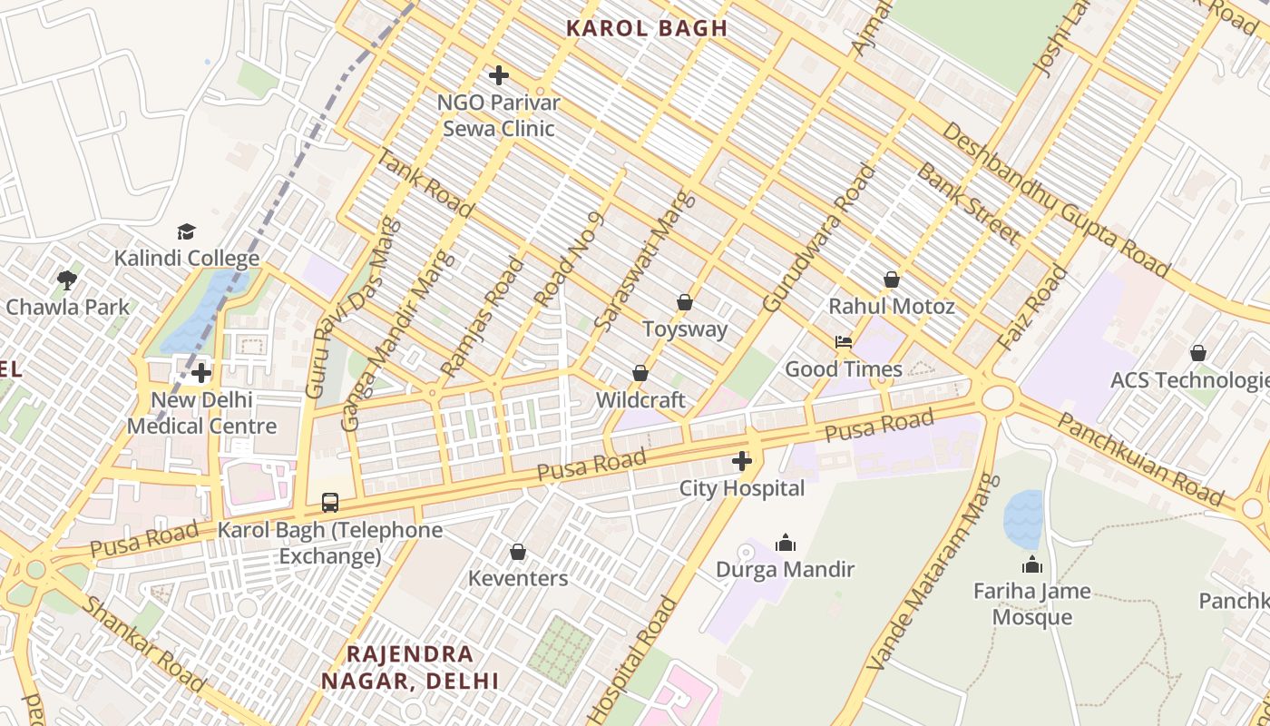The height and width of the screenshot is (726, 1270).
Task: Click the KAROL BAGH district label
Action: pyautogui.click(x=647, y=28)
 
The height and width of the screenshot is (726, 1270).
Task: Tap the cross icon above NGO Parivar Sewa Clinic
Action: pyautogui.click(x=498, y=75)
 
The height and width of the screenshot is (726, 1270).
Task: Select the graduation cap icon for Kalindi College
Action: pyautogui.click(x=186, y=232)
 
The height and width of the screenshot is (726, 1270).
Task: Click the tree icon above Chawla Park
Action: pyautogui.click(x=66, y=280)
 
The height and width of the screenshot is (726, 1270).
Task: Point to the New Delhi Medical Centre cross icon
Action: pyautogui.click(x=201, y=373)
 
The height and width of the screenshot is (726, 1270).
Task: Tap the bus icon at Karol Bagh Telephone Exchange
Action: pyautogui.click(x=330, y=503)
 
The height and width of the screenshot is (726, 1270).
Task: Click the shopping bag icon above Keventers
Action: pyautogui.click(x=517, y=552)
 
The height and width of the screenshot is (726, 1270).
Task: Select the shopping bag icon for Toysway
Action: pyautogui.click(x=685, y=302)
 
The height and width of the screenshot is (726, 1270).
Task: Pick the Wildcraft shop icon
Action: pyautogui.click(x=640, y=373)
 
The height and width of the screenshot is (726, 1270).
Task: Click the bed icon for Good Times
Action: pyautogui.click(x=843, y=342)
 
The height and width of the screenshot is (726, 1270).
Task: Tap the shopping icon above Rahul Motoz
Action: pyautogui.click(x=892, y=280)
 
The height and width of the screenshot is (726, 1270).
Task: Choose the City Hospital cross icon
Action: pyautogui.click(x=742, y=462)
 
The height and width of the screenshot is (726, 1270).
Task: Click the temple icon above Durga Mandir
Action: pyautogui.click(x=786, y=543)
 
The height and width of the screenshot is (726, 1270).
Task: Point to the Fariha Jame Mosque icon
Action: pyautogui.click(x=1032, y=564)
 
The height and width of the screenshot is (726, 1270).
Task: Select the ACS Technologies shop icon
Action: pyautogui.click(x=1197, y=353)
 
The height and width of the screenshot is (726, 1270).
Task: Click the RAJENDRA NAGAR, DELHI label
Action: pyautogui.click(x=410, y=667)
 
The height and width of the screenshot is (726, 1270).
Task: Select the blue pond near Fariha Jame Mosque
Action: pyautogui.click(x=1024, y=517)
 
